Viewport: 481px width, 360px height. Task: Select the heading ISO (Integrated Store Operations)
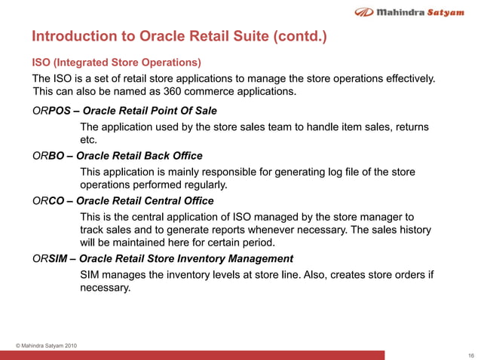(115, 63)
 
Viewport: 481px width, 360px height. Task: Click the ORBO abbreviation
(47, 156)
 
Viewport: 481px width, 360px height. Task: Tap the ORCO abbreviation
(47, 201)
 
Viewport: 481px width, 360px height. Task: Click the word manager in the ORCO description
(379, 217)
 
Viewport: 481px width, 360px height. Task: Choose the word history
(412, 230)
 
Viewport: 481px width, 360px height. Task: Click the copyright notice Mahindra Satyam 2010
(46, 346)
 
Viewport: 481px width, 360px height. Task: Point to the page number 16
(470, 355)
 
